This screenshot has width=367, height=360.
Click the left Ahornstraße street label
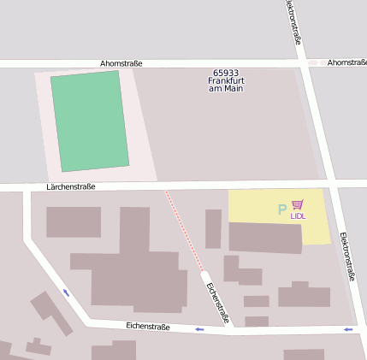[x=121, y=63]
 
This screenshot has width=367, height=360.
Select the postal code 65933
[x=227, y=74]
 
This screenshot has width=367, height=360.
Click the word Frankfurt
[x=227, y=81]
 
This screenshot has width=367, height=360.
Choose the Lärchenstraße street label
[x=71, y=186]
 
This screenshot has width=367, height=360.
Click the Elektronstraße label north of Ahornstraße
[x=293, y=21]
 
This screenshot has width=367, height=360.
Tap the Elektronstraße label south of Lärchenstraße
[x=346, y=256]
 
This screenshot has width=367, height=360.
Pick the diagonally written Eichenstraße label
[x=218, y=303]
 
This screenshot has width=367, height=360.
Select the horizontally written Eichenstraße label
[x=147, y=327]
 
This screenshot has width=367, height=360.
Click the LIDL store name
[x=298, y=216]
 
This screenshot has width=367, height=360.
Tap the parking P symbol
[x=282, y=210]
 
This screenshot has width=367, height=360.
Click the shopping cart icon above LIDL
[x=298, y=205]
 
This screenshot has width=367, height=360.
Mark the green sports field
[x=90, y=121]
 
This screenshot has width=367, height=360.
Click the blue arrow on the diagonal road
[x=67, y=292]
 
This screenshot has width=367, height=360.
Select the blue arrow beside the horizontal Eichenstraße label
[x=199, y=329]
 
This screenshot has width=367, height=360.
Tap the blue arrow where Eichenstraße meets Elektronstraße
[x=347, y=329]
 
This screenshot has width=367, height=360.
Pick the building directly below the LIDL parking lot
[x=265, y=238]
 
